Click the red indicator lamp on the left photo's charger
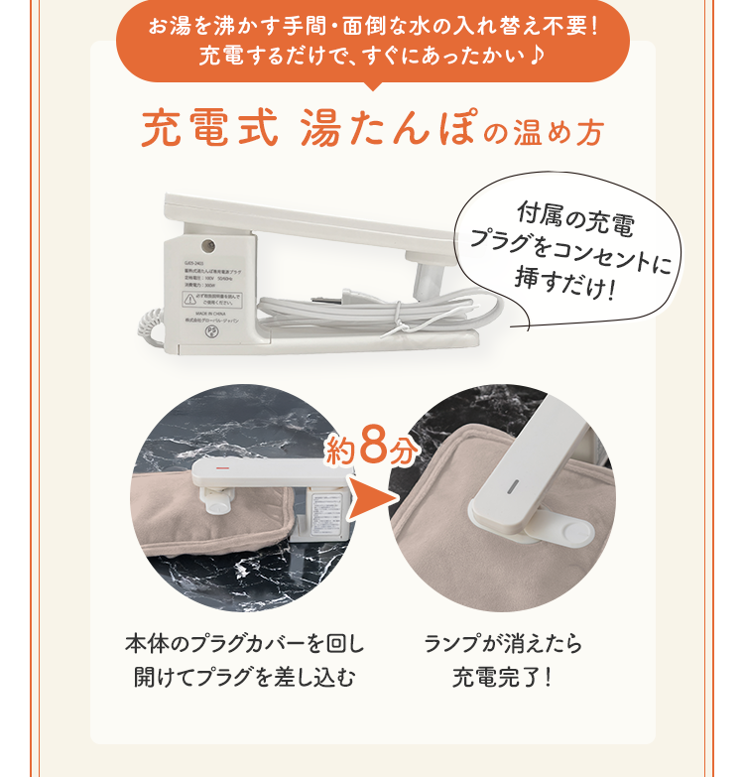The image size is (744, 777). (223, 466)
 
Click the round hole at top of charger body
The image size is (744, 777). (208, 244)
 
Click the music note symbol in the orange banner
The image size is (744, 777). (537, 53)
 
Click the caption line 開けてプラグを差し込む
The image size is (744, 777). (244, 678)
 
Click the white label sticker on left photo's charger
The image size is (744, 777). (324, 516)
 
